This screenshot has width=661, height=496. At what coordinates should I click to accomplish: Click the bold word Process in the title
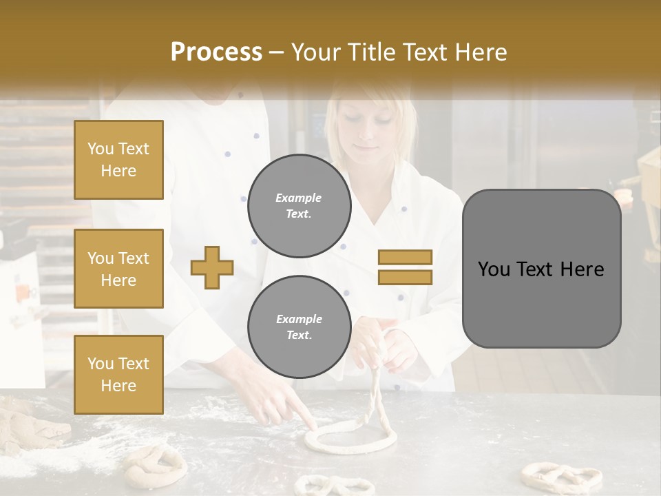216,52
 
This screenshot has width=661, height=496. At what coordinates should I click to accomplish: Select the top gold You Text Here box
118,160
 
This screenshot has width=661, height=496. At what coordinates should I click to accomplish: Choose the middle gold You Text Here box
118,269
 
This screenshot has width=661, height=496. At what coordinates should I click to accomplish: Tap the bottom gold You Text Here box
118,374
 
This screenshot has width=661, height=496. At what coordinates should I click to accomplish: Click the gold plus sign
212,267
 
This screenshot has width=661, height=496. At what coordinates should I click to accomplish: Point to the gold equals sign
405,267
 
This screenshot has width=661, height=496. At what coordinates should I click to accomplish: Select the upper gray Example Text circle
299,205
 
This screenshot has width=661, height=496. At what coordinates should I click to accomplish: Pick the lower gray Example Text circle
299,327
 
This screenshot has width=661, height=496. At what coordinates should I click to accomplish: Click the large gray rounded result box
541,269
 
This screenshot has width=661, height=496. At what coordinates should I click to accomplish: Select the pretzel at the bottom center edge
324,485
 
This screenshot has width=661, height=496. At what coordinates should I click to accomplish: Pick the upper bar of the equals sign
405,258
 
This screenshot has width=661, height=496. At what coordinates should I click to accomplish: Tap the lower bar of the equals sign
405,277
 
